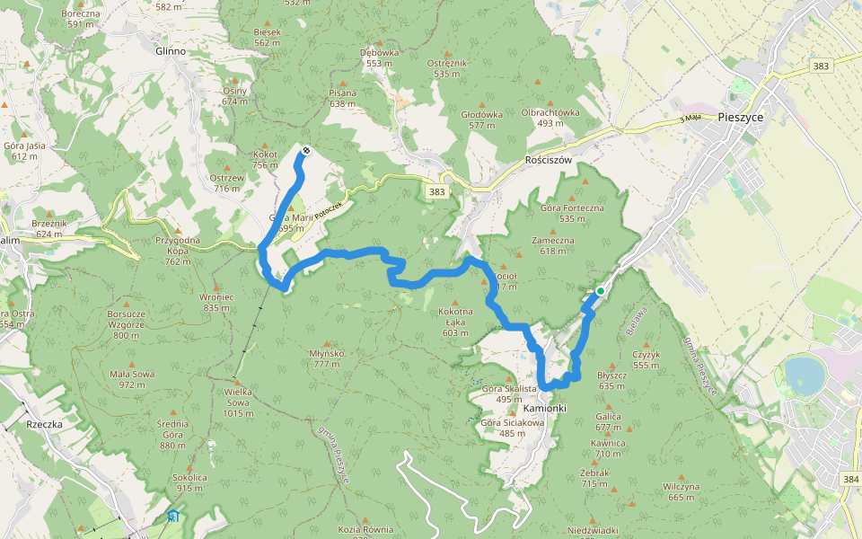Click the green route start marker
tap(600, 291)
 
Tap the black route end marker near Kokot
tap(306, 150)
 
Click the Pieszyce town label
tap(741, 117)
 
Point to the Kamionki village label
tap(543, 408)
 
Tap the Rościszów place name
tap(548, 159)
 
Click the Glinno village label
tap(171, 51)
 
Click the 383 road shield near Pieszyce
tap(820, 66)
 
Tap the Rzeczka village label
tap(43, 423)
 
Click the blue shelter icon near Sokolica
tap(172, 516)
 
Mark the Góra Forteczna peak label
tap(572, 213)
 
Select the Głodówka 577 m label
tap(481, 119)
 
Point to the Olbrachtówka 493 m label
tap(550, 118)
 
